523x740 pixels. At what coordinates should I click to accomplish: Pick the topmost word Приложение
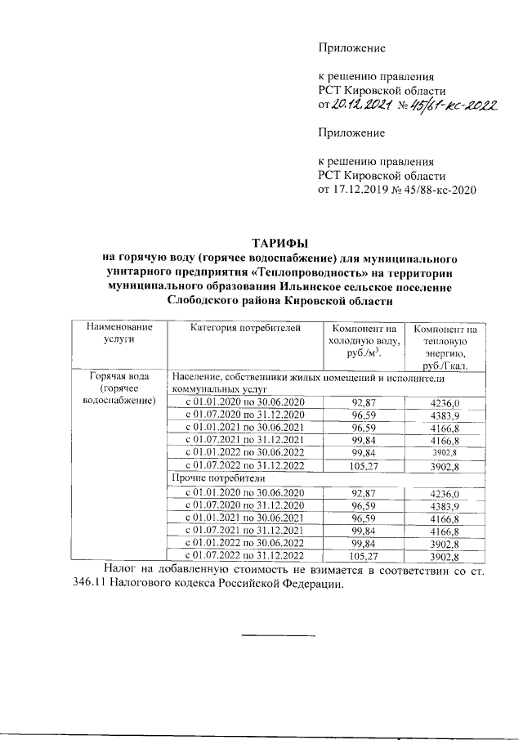pos(351,48)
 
